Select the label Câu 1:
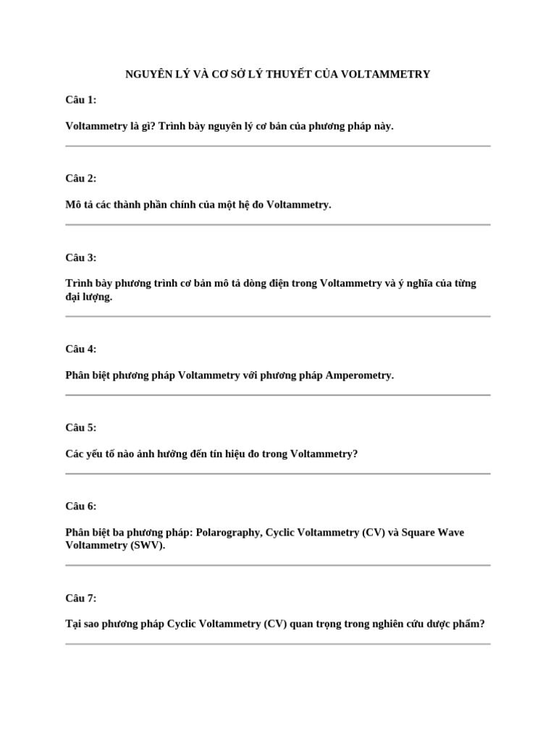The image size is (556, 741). (x=80, y=100)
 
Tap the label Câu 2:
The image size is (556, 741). (x=80, y=179)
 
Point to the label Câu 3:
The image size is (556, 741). (x=80, y=258)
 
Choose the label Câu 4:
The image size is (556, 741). (x=80, y=349)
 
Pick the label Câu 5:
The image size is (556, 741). (x=80, y=428)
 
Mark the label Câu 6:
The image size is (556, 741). (x=80, y=507)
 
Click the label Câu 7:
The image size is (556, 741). (x=80, y=598)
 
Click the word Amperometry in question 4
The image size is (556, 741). (x=360, y=376)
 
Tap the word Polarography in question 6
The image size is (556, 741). (x=229, y=533)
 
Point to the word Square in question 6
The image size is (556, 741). (x=418, y=533)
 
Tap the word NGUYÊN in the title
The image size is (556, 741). (x=147, y=74)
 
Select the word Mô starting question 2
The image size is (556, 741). (x=72, y=205)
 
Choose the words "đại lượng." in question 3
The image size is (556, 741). (x=89, y=297)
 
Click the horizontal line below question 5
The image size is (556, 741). (x=278, y=474)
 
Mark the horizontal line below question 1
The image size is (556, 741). (x=278, y=146)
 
